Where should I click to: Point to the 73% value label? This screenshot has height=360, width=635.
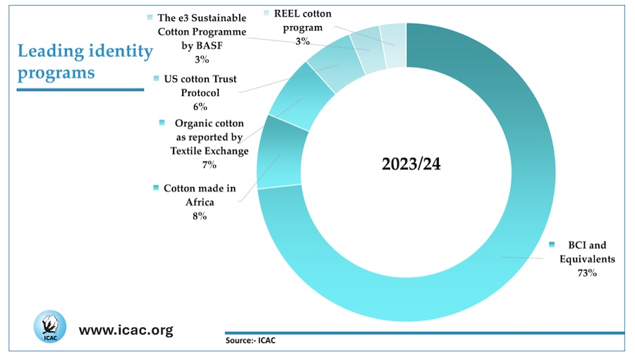pyautogui.click(x=586, y=272)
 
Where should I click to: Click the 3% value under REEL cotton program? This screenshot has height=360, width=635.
pyautogui.click(x=302, y=42)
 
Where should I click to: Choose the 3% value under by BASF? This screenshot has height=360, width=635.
pyautogui.click(x=203, y=60)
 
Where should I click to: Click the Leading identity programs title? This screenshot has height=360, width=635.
pyautogui.click(x=85, y=61)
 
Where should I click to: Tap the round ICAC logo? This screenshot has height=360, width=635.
pyautogui.click(x=49, y=328)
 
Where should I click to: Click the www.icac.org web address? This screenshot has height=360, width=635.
pyautogui.click(x=126, y=330)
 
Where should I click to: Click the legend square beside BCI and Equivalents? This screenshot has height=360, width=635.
pyautogui.click(x=552, y=244)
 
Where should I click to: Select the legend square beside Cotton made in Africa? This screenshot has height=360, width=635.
pyautogui.click(x=155, y=188)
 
